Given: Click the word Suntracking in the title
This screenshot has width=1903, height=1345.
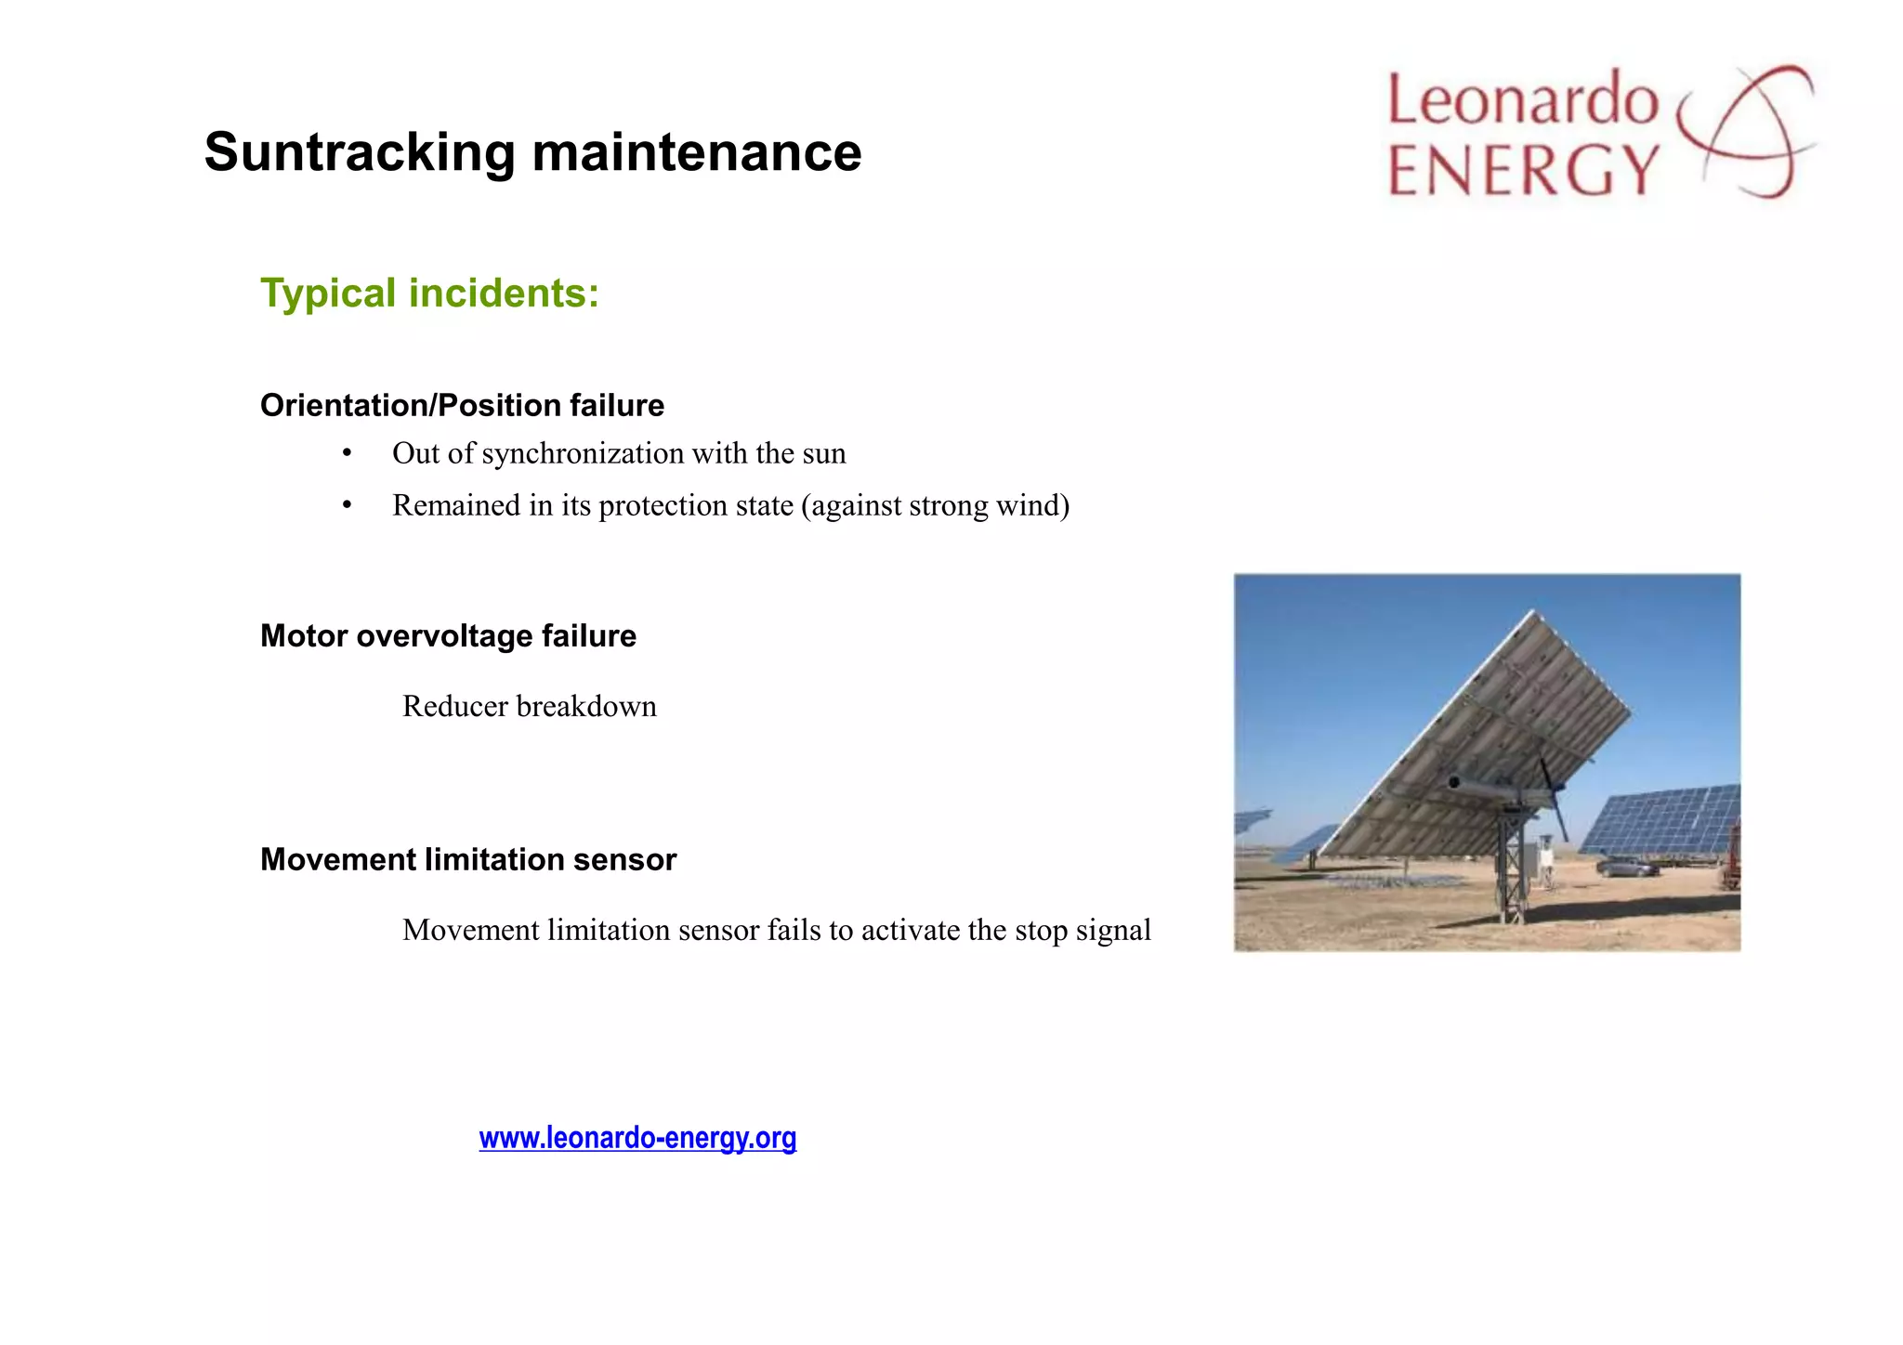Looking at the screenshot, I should tap(359, 152).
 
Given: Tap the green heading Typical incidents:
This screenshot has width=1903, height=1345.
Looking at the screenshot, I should tap(429, 294).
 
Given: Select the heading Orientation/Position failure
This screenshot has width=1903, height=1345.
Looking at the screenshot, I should tap(462, 406).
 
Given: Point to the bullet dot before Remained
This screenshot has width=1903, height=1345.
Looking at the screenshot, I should tap(347, 505).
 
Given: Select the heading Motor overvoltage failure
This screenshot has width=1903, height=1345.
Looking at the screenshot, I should tap(448, 636).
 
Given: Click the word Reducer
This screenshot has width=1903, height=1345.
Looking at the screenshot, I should tap(454, 707).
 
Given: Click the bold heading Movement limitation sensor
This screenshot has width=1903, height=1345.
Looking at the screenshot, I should tap(468, 860).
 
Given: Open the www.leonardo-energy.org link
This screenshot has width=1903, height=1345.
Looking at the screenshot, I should tap(637, 1138).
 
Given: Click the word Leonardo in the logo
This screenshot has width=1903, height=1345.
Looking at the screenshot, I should tap(1522, 100).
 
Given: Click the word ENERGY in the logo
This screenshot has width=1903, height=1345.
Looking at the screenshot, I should tap(1522, 170).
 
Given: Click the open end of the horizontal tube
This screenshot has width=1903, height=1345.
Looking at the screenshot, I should tap(1454, 783).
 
